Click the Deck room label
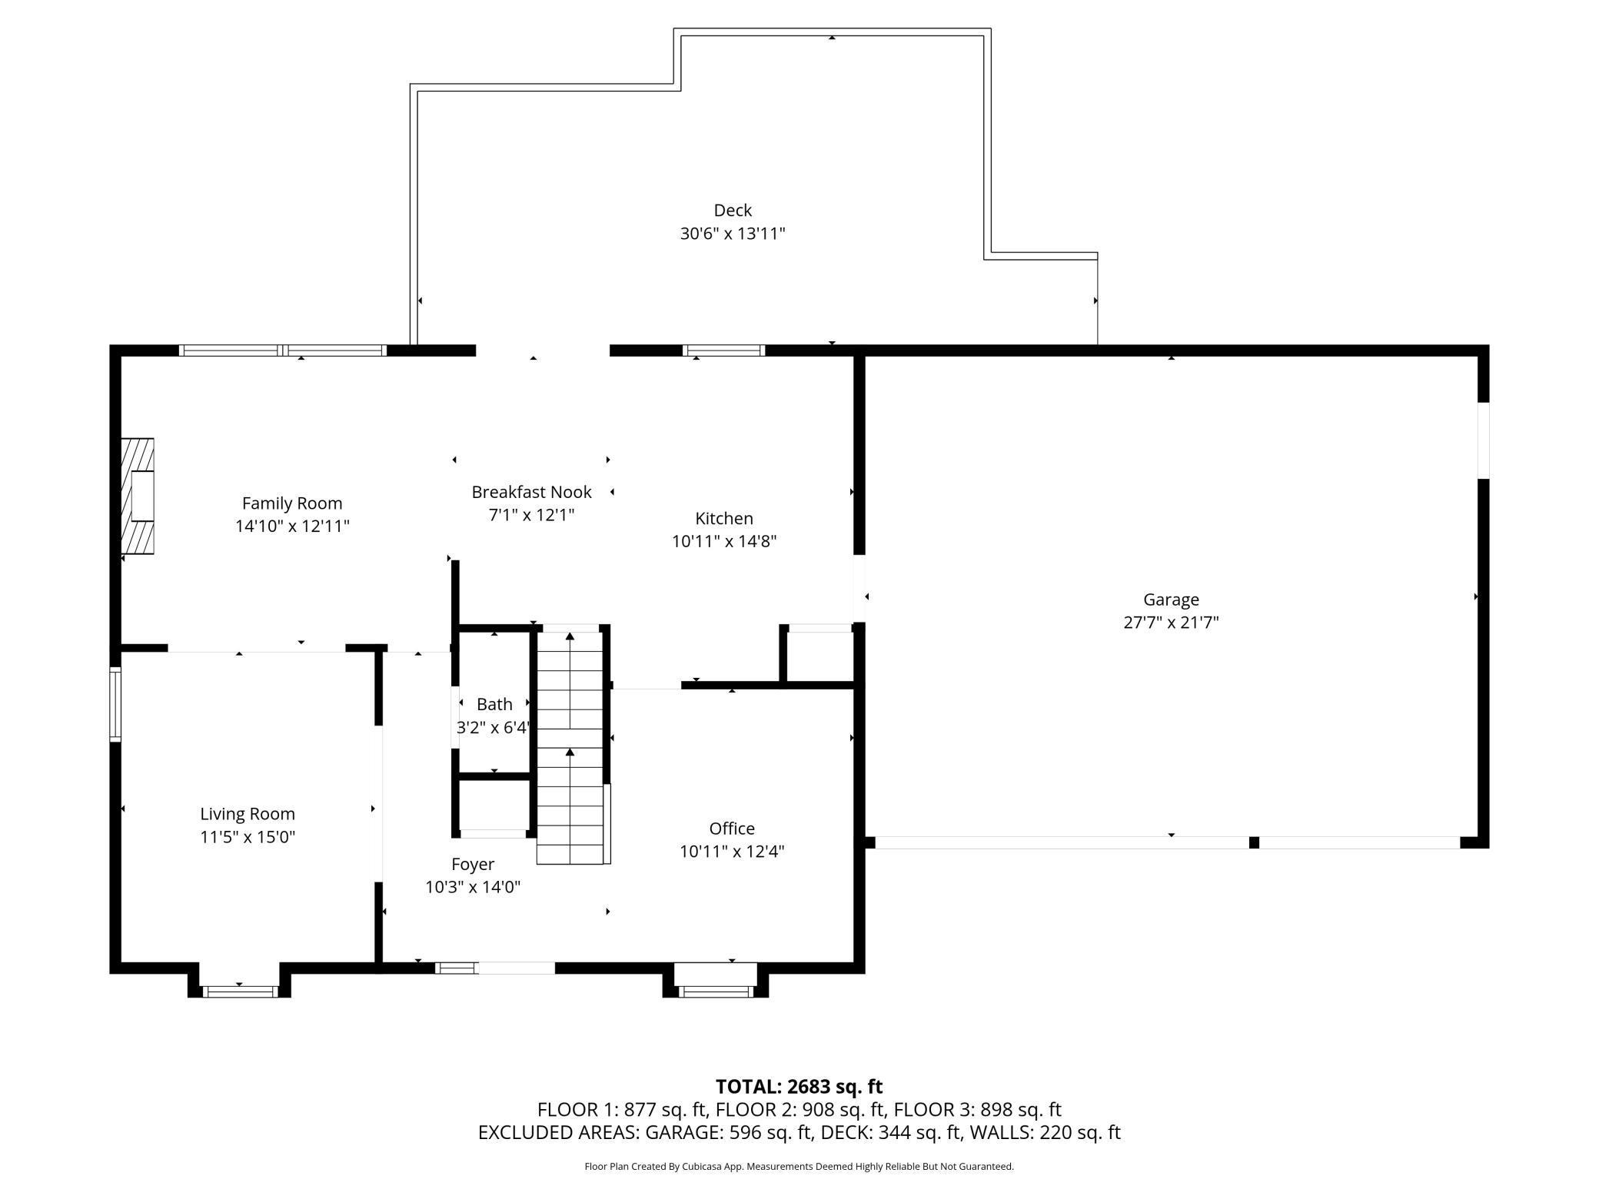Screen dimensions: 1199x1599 pos(732,210)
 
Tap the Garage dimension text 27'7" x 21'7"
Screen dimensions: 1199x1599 pos(1170,623)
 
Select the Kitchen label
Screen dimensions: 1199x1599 pos(723,518)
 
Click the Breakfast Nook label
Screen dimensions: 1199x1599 pos(531,492)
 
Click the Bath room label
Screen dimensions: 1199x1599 pos(494,704)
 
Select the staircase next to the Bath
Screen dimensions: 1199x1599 pos(570,746)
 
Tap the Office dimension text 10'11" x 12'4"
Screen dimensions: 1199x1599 pos(731,852)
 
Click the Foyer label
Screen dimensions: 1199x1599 pos(472,864)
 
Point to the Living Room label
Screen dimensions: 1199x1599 pos(247,814)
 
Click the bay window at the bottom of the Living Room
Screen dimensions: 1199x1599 pos(239,991)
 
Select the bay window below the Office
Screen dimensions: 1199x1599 pos(716,991)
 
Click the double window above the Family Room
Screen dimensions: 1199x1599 pos(282,350)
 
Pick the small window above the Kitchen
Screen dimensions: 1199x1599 pos(723,350)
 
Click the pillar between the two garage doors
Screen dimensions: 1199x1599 pos(1253,842)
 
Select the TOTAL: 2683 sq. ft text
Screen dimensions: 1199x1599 pos(799,1087)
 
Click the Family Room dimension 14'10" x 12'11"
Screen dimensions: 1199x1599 pos(292,526)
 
